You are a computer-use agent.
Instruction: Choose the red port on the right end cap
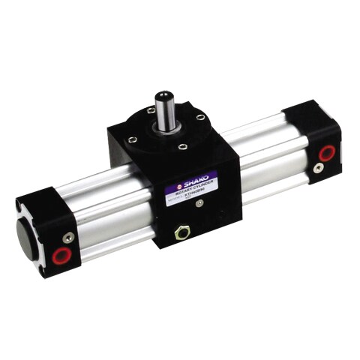coord(326,152)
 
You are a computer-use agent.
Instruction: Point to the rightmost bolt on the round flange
coord(200,117)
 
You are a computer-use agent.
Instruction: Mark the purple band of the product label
coord(191,182)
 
